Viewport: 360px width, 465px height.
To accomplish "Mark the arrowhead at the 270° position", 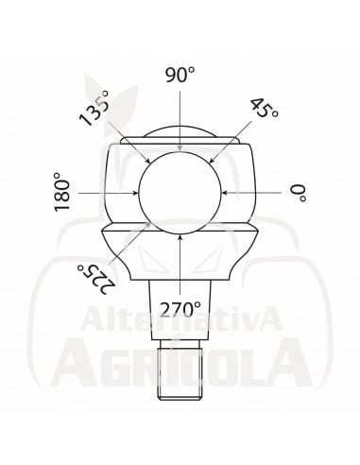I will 180,236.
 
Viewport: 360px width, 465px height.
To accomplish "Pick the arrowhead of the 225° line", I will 149,223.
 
